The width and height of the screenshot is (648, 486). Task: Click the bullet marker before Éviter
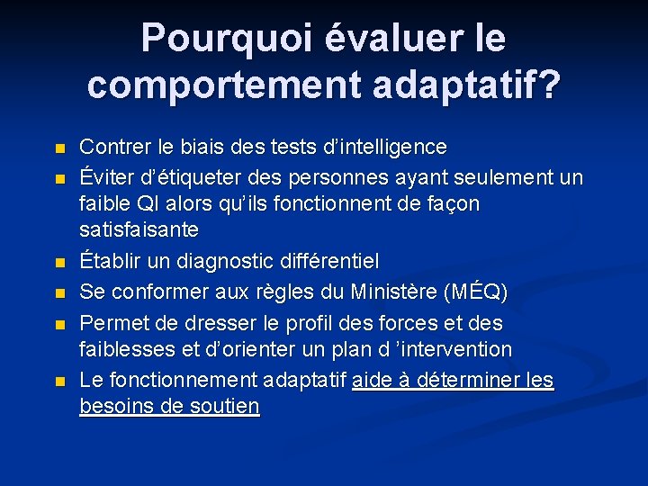(60, 177)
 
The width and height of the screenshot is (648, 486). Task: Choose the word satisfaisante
(139, 230)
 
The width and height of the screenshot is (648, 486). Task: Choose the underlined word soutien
(225, 407)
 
